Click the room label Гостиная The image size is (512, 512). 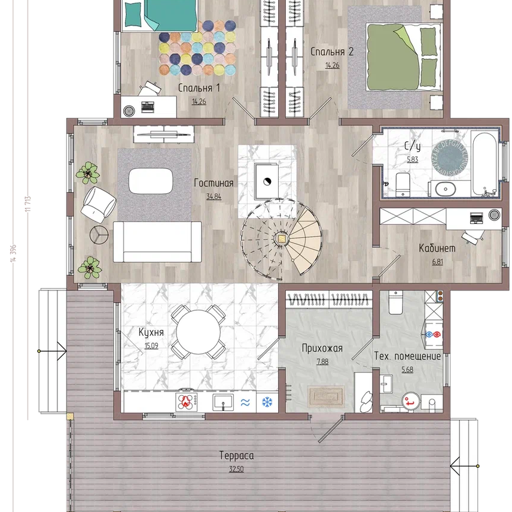click(214, 183)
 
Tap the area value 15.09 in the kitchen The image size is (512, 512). click(151, 346)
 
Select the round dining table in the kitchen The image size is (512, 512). click(198, 332)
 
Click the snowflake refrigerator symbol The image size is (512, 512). click(267, 402)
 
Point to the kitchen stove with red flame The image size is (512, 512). click(187, 401)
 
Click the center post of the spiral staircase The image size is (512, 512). click(281, 239)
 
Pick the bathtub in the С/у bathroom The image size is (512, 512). click(484, 164)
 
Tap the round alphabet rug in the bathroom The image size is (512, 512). click(450, 157)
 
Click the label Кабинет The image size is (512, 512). click(437, 248)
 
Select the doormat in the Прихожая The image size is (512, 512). click(326, 396)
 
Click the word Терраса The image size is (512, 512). click(236, 456)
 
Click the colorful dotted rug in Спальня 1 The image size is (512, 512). click(197, 48)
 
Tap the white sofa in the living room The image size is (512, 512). click(157, 241)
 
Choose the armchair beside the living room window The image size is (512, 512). click(99, 205)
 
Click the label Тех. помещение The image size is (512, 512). click(407, 356)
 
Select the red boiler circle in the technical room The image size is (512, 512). click(411, 401)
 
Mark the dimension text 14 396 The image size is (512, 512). click(13, 253)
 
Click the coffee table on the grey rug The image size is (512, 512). click(151, 181)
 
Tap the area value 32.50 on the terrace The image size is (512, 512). click(236, 469)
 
